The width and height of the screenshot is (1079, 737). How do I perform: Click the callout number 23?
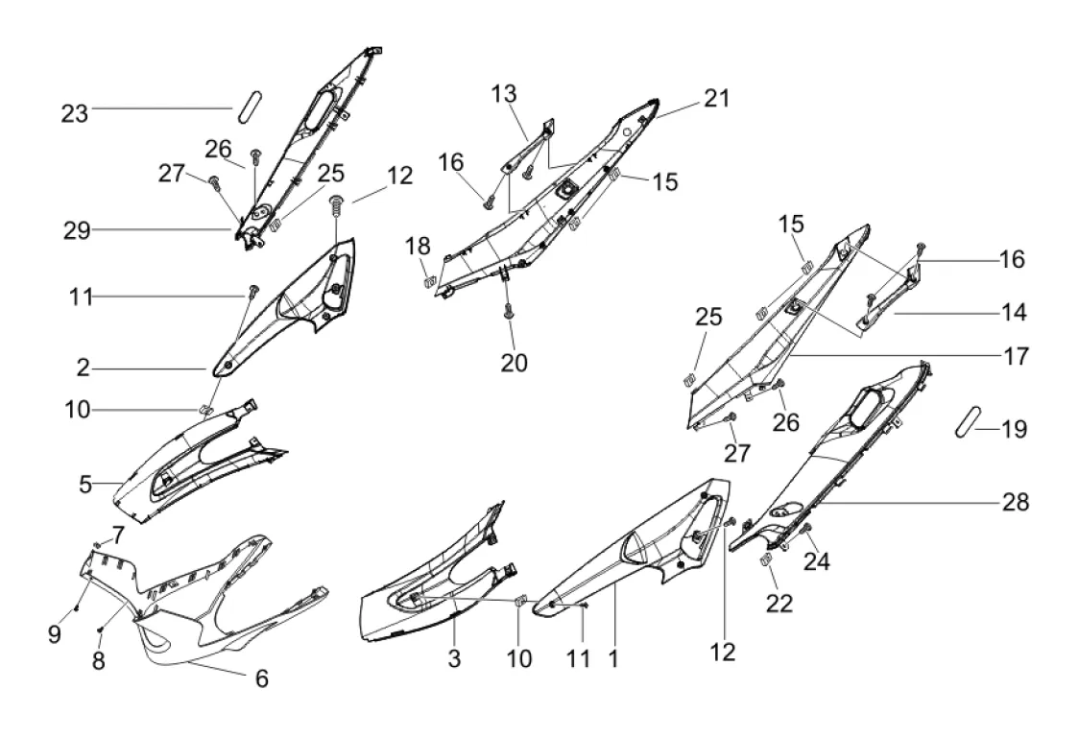[75, 113]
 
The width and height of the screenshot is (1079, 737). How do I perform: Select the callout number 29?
[77, 230]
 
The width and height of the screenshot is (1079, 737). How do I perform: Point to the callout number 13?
[504, 94]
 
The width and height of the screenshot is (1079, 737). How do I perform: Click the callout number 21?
[716, 99]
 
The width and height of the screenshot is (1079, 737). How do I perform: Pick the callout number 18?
[419, 246]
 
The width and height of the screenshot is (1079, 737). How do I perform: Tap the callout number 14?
[1014, 313]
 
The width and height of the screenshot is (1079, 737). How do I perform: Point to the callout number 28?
[1015, 502]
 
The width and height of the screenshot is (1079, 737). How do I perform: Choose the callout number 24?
[817, 561]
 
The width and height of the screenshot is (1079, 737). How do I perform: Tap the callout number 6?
[262, 678]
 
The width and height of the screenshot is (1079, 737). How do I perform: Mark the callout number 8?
[99, 660]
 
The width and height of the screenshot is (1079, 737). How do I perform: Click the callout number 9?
[55, 634]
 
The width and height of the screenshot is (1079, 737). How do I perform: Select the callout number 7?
[118, 535]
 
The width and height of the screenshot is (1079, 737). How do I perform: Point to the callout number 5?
[85, 485]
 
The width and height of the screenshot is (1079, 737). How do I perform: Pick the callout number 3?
[454, 658]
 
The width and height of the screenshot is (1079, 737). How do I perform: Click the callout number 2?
[84, 368]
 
